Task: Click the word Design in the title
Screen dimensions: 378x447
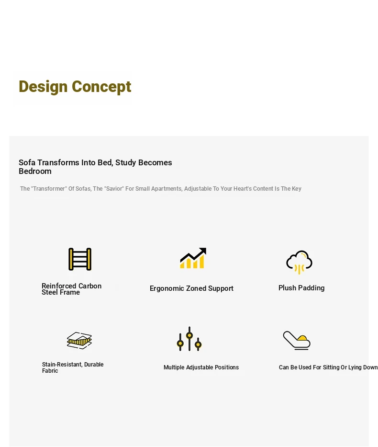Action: [43, 87]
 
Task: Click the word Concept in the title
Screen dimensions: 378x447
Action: [101, 87]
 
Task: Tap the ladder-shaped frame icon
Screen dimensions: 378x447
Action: [80, 259]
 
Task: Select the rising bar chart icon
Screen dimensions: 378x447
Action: [193, 258]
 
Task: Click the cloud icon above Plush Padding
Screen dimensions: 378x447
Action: [299, 262]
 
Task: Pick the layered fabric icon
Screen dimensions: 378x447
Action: [79, 340]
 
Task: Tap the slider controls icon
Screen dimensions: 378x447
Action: [189, 339]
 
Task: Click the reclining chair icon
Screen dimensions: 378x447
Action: [297, 340]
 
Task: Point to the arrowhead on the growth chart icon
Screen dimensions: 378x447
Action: [202, 251]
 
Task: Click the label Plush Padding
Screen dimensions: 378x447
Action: [301, 288]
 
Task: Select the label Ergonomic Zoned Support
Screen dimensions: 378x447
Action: [191, 288]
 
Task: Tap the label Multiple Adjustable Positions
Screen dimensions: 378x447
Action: [201, 367]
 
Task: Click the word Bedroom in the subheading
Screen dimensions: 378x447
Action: [35, 172]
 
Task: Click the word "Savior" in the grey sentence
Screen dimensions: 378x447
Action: [114, 189]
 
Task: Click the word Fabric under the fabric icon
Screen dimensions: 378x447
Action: [50, 371]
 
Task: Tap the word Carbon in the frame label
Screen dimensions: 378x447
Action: [90, 286]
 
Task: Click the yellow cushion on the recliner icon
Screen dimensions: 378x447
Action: [302, 338]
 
